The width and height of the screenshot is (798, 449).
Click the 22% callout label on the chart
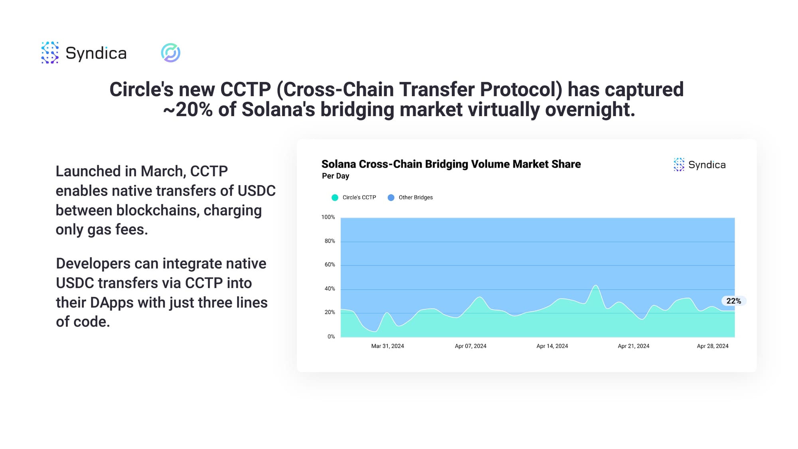click(733, 301)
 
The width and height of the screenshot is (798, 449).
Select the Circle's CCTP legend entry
click(354, 198)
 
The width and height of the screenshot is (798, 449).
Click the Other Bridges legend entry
click(410, 198)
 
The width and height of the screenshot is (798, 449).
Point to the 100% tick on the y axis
click(328, 217)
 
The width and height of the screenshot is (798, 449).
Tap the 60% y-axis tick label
click(330, 265)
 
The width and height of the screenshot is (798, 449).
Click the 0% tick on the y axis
click(331, 336)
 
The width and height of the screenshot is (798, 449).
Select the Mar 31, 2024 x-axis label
click(387, 346)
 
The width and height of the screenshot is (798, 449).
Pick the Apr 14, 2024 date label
click(552, 346)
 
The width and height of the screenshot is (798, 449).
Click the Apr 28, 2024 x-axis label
click(713, 346)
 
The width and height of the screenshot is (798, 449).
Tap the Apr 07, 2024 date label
click(470, 346)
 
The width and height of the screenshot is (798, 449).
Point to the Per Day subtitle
click(336, 176)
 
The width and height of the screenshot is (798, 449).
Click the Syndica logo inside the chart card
click(699, 165)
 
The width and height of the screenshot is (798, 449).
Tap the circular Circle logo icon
click(171, 53)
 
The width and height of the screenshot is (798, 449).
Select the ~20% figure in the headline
click(188, 110)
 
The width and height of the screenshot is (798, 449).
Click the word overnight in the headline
click(590, 110)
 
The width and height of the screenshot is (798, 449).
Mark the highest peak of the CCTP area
click(596, 285)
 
